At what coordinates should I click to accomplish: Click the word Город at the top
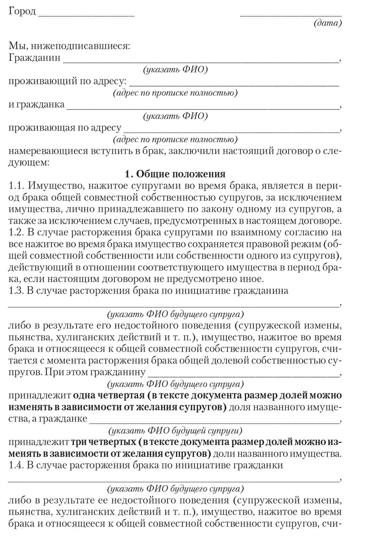click(22, 11)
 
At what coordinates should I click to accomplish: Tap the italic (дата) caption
click(327, 23)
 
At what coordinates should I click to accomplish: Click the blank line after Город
click(86, 15)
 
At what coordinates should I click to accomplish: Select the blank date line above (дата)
click(291, 15)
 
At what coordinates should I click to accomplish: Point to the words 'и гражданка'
click(36, 104)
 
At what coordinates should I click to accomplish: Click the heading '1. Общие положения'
click(175, 174)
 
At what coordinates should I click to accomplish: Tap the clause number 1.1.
click(16, 186)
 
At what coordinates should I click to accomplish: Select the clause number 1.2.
click(16, 233)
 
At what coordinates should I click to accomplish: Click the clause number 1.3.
click(16, 291)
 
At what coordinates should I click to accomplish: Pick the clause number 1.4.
click(16, 466)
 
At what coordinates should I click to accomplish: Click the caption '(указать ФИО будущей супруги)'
click(175, 430)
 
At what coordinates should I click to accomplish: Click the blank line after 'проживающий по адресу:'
click(234, 84)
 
